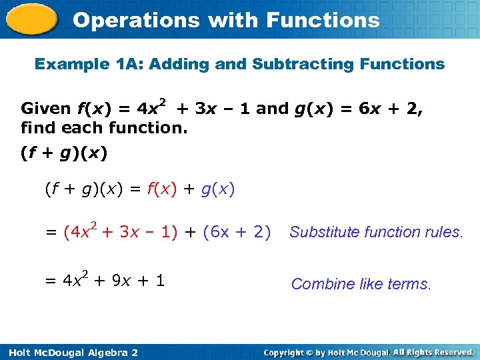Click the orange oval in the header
(x=32, y=19)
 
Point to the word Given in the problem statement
(x=46, y=109)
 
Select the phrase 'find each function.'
(x=104, y=127)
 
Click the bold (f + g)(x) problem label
(x=64, y=153)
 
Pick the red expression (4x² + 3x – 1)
(x=121, y=231)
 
